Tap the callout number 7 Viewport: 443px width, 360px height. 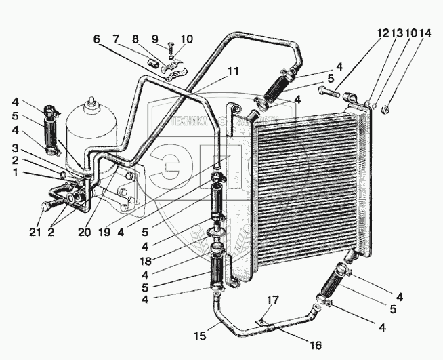(x=116, y=38)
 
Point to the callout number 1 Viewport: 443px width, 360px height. (x=15, y=173)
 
